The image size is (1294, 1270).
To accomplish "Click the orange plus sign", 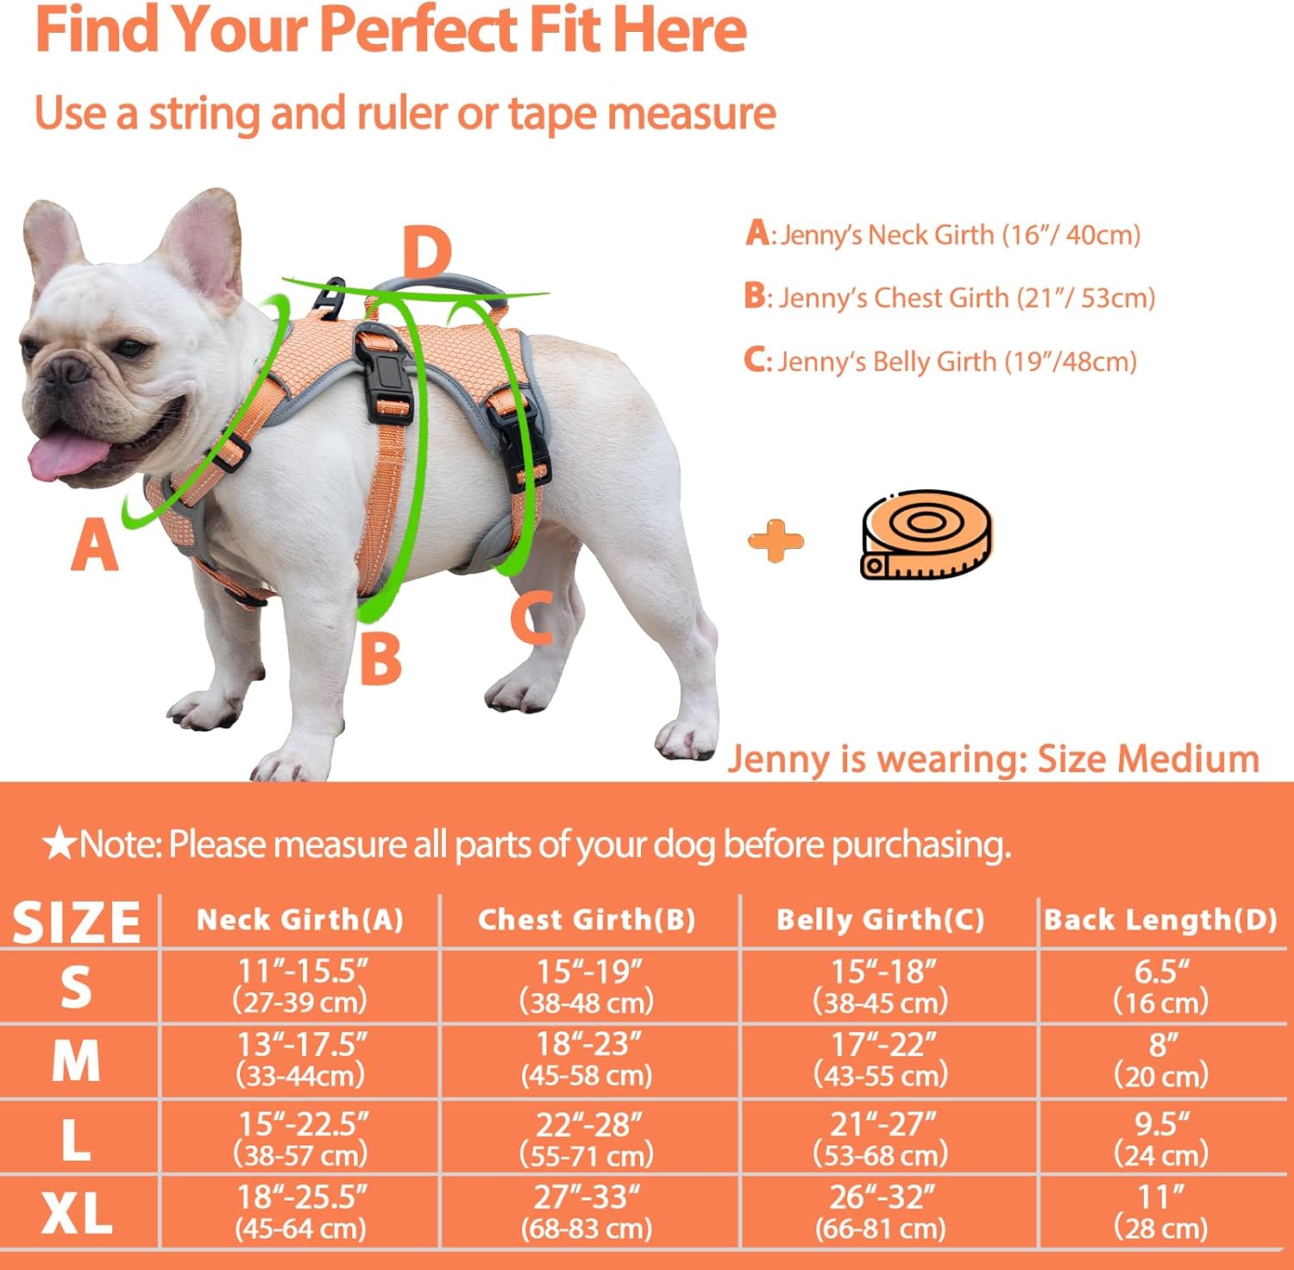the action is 776,541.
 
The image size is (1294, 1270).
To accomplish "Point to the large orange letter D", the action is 427,252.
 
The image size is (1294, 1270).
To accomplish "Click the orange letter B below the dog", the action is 380,658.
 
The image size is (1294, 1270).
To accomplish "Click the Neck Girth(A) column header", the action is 300,920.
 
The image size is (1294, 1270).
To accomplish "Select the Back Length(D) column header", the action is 1161,920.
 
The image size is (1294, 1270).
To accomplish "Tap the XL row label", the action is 77,1214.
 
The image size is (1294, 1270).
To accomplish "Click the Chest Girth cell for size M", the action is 587,1059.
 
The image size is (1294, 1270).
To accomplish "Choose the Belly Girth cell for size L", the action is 881,1138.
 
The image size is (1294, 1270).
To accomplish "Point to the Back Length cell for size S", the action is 1161,985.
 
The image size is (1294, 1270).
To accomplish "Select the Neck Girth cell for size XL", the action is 301,1212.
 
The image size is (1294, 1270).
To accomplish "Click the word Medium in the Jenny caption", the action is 1190,759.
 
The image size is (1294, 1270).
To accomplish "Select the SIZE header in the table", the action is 76,921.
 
